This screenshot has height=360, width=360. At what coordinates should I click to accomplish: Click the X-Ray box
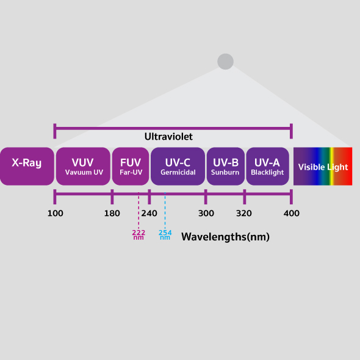point(27,166)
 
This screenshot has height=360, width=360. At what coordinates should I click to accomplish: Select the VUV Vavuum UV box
point(83,166)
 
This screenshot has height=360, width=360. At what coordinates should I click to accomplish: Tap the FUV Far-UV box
point(131,166)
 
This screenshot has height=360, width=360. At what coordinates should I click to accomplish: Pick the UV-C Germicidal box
point(178,166)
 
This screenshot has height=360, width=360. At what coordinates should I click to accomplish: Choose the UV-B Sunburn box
point(226,166)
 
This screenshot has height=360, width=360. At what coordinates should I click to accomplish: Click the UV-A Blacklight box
point(268,166)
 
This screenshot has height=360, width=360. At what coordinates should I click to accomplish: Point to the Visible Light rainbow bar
point(323,166)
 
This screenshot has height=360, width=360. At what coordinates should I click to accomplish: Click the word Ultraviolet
point(168,137)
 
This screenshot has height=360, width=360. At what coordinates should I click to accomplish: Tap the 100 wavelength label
point(56,214)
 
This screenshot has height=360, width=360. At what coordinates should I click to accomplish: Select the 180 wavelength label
point(112,214)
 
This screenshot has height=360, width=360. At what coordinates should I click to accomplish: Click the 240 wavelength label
point(149,214)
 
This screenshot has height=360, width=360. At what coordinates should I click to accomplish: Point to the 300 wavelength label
point(206,214)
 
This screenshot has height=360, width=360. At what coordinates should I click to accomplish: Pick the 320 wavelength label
point(244,214)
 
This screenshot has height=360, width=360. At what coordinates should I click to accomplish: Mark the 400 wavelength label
point(292,214)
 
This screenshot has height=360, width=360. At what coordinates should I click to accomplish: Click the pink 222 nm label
point(139,235)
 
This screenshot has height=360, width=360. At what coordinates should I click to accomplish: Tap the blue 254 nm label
point(165,235)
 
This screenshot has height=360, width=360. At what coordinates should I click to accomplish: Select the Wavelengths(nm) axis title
point(226,237)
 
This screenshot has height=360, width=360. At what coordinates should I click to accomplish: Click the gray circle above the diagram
point(226,62)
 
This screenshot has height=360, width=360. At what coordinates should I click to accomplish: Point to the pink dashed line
point(139,211)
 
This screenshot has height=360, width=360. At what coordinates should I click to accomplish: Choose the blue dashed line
point(165,211)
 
